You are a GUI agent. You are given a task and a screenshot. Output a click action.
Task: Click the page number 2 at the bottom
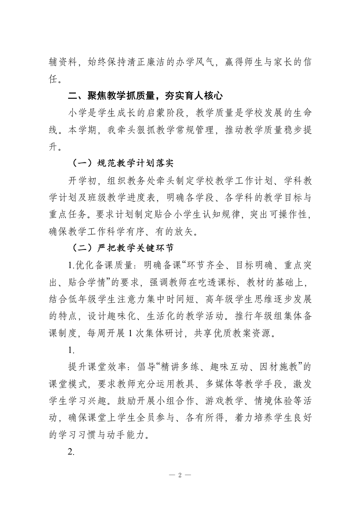(x=180, y=475)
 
